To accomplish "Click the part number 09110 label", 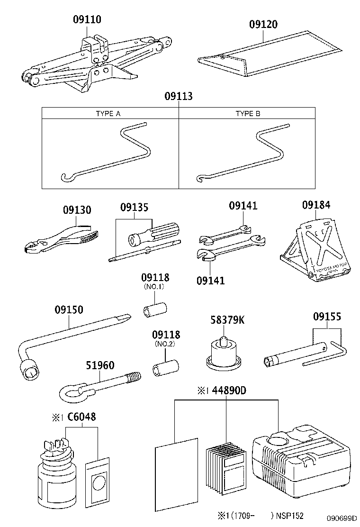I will [87, 19].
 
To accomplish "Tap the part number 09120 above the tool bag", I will [263, 24].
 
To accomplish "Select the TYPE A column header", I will [108, 114].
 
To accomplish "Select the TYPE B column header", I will [248, 114].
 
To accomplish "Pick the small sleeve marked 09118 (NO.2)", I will [165, 368].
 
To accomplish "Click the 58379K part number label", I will [227, 320].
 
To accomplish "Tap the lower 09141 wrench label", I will [210, 280].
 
